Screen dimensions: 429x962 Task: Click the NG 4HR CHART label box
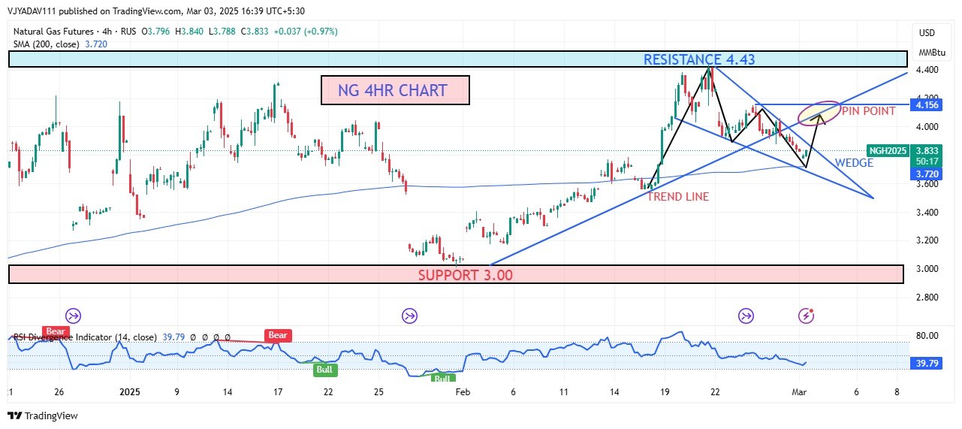395,90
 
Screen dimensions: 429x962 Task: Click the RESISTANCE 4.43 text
699,59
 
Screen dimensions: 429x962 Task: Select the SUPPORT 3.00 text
465,275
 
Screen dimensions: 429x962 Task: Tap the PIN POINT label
868,111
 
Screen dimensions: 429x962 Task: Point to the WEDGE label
854,163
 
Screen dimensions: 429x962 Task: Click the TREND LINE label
678,197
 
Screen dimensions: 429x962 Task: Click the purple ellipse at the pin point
819,113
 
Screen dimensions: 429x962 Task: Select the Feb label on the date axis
463,392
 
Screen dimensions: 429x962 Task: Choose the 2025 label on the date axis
130,392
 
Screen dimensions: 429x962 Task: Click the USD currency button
927,33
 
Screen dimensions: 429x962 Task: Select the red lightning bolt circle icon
806,315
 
